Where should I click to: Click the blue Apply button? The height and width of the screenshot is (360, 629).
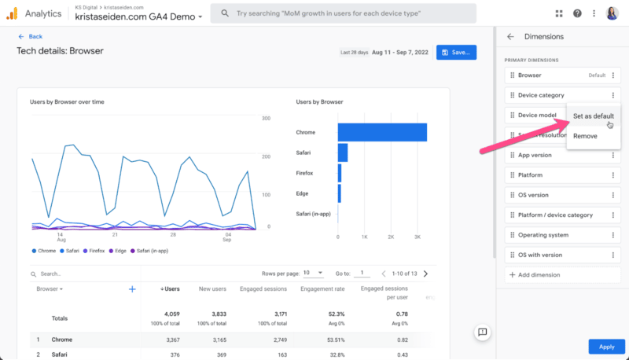click(606, 346)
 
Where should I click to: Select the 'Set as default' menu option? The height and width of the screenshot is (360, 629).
click(593, 116)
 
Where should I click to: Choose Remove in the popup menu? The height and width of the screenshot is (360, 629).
click(585, 136)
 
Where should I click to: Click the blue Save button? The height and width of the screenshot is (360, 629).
click(456, 52)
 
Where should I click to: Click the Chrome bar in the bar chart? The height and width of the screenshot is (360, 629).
click(382, 132)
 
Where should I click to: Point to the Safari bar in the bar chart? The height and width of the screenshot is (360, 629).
click(343, 152)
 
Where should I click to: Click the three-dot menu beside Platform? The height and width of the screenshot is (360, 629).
click(613, 175)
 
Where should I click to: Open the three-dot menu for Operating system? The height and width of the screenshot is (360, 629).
click(613, 235)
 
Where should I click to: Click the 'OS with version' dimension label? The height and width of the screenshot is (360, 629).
click(540, 255)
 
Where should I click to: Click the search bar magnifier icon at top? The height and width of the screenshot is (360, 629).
click(224, 13)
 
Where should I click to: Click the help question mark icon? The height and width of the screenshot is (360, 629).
click(578, 13)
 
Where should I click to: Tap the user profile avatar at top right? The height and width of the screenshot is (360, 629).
click(612, 13)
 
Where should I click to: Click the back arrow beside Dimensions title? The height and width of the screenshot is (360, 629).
click(510, 36)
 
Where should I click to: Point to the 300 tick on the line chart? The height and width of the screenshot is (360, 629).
click(267, 118)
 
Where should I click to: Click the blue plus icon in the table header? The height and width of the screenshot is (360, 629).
click(132, 289)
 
